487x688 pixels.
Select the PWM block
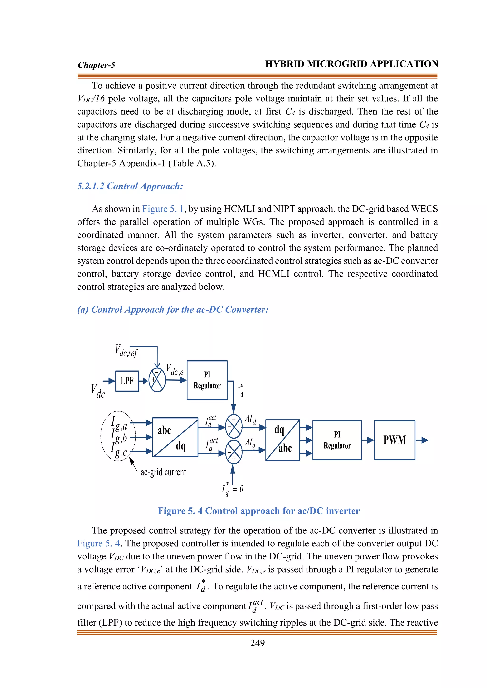click(x=394, y=440)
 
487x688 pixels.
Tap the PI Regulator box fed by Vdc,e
click(x=207, y=380)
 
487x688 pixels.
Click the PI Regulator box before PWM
click(x=337, y=440)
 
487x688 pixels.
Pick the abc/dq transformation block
click(x=175, y=437)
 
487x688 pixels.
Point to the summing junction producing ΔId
click(x=234, y=426)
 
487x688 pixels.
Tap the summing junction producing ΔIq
click(x=234, y=452)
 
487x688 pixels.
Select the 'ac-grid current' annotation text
click(x=163, y=472)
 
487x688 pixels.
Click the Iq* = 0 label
click(x=232, y=489)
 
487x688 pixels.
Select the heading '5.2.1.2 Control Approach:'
click(x=130, y=186)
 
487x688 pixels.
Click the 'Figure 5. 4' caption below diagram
click(x=258, y=511)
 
